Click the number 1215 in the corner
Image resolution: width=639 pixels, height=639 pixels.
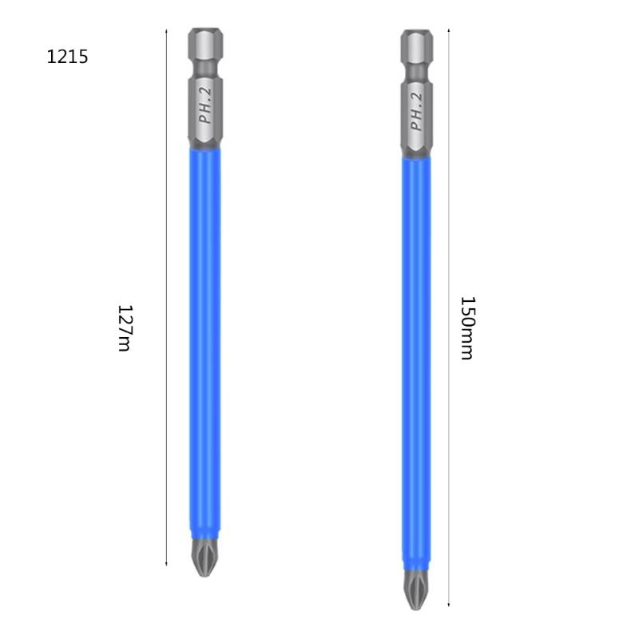coord(67,58)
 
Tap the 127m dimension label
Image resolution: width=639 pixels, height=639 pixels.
coord(124,327)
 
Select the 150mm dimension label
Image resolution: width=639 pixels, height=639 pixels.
coord(467,327)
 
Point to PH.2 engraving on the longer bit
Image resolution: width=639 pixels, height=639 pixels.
coord(416,112)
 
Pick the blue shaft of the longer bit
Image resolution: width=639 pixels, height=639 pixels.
coord(416,359)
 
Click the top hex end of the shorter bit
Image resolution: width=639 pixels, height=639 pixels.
coord(205,44)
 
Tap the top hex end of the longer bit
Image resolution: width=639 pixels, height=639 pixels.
coord(416,46)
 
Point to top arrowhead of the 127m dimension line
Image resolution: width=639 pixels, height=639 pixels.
coord(166,31)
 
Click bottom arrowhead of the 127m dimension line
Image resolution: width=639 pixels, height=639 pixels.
coord(166,563)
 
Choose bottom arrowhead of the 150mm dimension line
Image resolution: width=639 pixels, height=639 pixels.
coord(449,606)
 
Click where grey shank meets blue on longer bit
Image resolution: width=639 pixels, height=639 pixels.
coord(416,157)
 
